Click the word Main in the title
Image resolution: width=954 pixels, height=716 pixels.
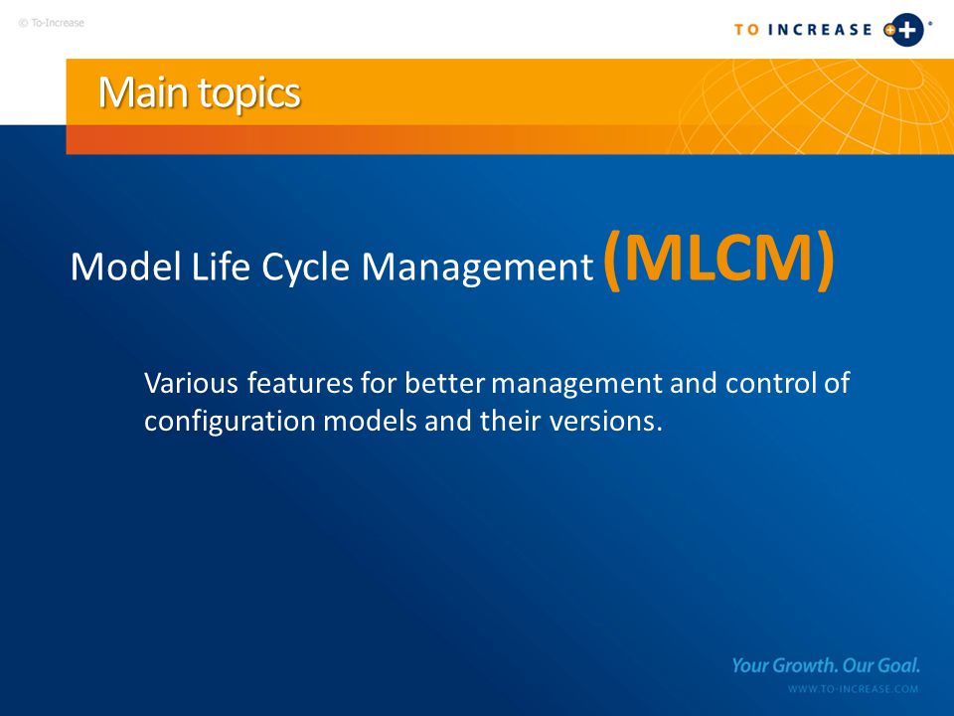pyautogui.click(x=143, y=92)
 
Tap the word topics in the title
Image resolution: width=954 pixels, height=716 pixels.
pyautogui.click(x=248, y=94)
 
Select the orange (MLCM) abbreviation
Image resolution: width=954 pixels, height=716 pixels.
pyautogui.click(x=718, y=259)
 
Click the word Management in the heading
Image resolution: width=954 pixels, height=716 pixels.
pyautogui.click(x=477, y=268)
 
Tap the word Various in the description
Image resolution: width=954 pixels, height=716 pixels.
pyautogui.click(x=191, y=383)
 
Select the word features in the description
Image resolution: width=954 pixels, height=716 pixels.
pyautogui.click(x=300, y=382)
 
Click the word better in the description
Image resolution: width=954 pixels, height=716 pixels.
pyautogui.click(x=444, y=382)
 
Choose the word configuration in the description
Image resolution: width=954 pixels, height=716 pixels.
pyautogui.click(x=230, y=422)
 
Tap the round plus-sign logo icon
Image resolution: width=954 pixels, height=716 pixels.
pyautogui.click(x=905, y=30)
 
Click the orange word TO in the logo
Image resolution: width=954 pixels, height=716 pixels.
pyautogui.click(x=746, y=30)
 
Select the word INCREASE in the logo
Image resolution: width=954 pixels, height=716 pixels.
pyautogui.click(x=820, y=30)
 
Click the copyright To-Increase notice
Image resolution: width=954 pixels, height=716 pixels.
pyautogui.click(x=51, y=23)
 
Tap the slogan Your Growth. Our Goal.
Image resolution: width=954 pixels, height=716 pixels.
pyautogui.click(x=826, y=665)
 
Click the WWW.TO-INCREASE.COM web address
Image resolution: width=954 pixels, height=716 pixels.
pyautogui.click(x=853, y=689)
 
